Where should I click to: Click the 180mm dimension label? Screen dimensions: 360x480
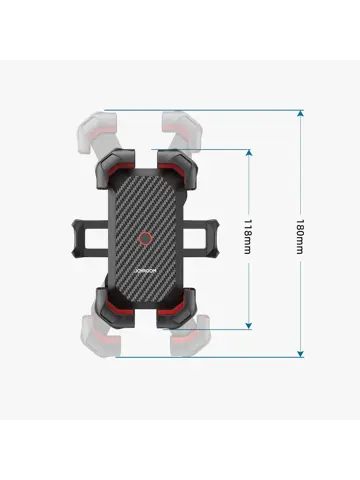[x=300, y=237]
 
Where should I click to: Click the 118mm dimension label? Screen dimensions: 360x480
[x=247, y=237]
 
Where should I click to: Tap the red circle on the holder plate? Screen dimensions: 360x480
[x=145, y=239]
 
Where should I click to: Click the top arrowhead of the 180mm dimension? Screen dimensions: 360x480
[x=301, y=113]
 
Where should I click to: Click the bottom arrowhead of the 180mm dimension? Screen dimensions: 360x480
[x=301, y=354]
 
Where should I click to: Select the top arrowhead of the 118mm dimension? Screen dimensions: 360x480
[x=249, y=153]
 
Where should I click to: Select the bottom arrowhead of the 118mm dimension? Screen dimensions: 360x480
[x=249, y=326]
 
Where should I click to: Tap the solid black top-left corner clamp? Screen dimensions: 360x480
[x=115, y=168]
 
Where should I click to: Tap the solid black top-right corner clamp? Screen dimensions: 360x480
[x=177, y=169]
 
